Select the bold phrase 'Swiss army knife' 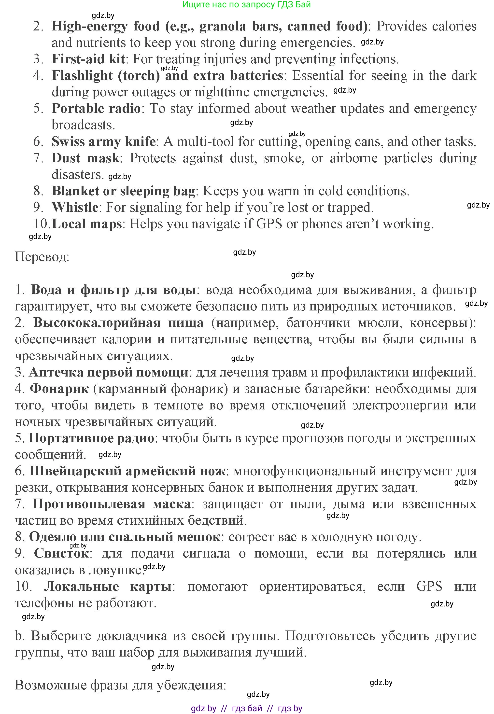[103, 142]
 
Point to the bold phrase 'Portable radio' [96, 109]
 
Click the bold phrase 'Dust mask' [85, 158]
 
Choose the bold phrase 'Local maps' [87, 224]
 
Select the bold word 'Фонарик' [59, 389]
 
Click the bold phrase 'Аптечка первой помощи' [108, 372]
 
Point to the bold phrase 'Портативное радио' [91, 438]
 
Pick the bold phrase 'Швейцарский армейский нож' [127, 471]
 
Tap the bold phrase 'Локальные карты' [107, 587]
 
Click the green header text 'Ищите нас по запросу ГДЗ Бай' [246, 5]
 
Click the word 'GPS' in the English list [269, 224]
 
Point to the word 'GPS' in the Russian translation [429, 587]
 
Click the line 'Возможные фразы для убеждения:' [120, 685]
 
